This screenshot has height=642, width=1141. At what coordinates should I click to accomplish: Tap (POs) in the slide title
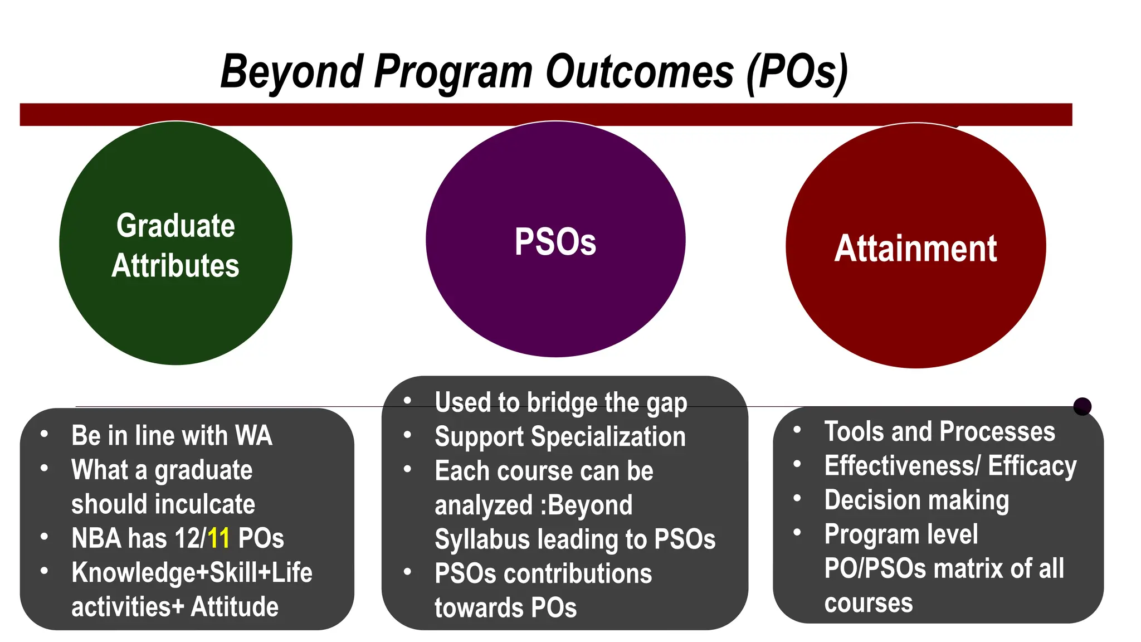click(797, 71)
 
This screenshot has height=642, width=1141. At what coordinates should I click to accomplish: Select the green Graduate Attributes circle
click(175, 312)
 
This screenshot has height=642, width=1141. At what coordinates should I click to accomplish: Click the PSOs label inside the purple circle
click(555, 242)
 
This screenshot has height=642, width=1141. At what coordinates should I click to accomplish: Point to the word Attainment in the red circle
click(915, 249)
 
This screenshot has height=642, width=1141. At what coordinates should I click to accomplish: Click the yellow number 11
click(218, 538)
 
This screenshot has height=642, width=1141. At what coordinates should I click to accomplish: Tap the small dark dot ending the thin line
click(1082, 406)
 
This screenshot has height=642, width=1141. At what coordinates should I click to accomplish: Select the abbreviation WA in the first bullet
click(253, 435)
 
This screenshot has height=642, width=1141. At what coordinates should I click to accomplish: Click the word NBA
click(96, 538)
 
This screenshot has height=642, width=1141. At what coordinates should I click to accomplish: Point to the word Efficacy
click(1032, 466)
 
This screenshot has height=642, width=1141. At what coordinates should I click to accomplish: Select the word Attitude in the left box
click(235, 606)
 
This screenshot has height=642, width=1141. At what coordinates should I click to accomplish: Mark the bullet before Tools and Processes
click(797, 430)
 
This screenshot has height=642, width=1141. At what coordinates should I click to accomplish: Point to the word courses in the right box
click(868, 603)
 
